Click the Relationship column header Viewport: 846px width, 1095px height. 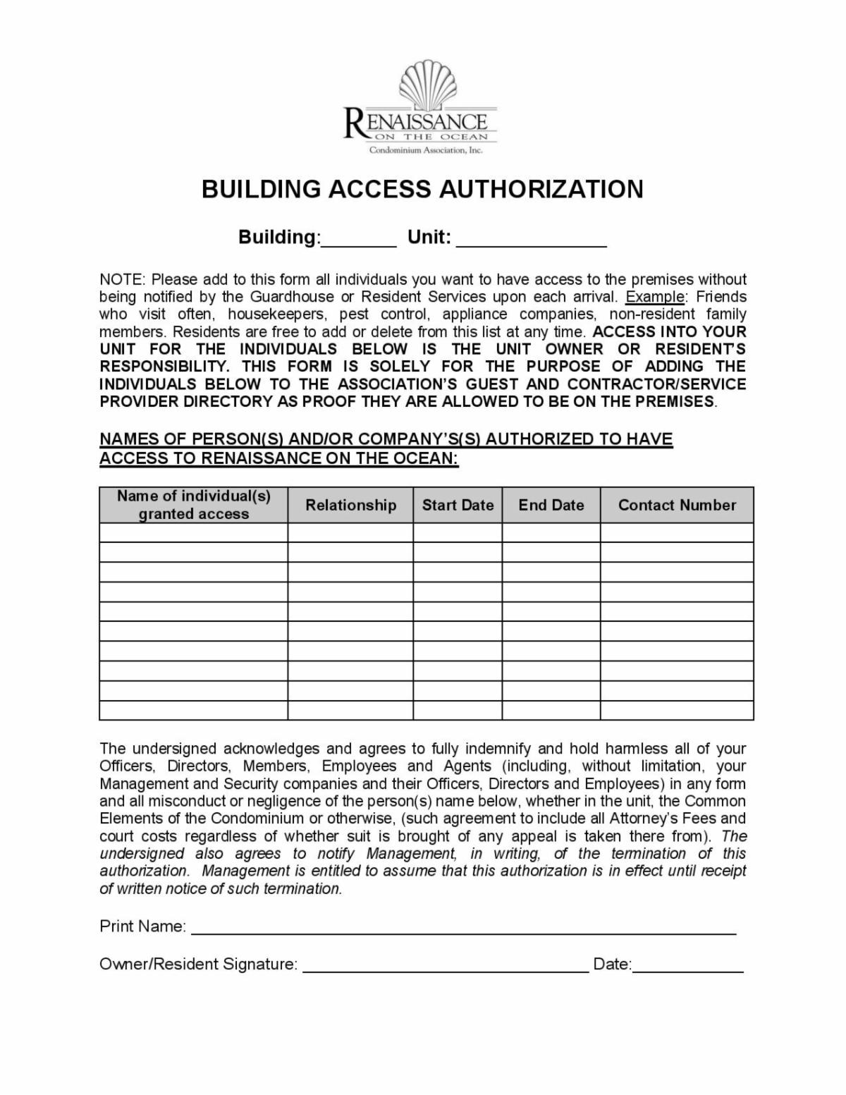[350, 505]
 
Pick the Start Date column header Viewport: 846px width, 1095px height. [458, 505]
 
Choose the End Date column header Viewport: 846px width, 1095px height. [551, 505]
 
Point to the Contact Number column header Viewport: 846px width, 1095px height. [677, 505]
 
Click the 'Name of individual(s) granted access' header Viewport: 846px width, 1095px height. [193, 505]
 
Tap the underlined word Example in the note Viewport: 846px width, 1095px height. [655, 297]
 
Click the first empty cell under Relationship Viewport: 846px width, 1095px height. [350, 532]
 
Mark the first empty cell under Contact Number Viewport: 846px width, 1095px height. [677, 532]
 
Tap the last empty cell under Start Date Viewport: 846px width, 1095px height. [458, 710]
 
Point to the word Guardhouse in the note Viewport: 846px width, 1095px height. [291, 297]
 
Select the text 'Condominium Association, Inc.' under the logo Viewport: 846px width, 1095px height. [426, 150]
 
